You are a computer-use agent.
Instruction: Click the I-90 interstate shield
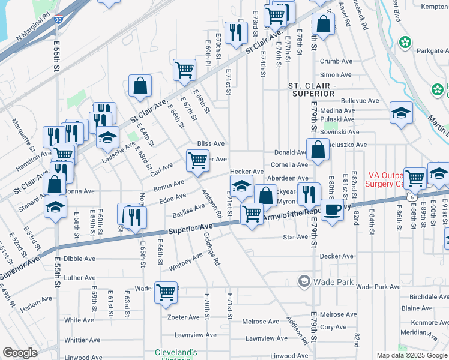tap(58, 20)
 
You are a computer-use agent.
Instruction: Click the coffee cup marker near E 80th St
tap(331, 209)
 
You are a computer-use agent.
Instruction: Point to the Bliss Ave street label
tap(211, 144)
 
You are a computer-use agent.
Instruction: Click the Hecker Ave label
tap(247, 172)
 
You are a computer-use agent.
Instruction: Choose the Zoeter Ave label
tap(184, 317)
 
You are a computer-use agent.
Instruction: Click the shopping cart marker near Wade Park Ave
tap(166, 292)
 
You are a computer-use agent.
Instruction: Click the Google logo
tap(20, 353)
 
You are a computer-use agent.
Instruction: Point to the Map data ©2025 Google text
tap(412, 355)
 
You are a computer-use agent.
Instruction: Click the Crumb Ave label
tap(336, 61)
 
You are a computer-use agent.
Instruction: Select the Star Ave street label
tap(295, 237)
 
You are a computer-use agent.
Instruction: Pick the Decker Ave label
tap(336, 256)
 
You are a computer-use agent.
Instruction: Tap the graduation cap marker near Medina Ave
tap(401, 113)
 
